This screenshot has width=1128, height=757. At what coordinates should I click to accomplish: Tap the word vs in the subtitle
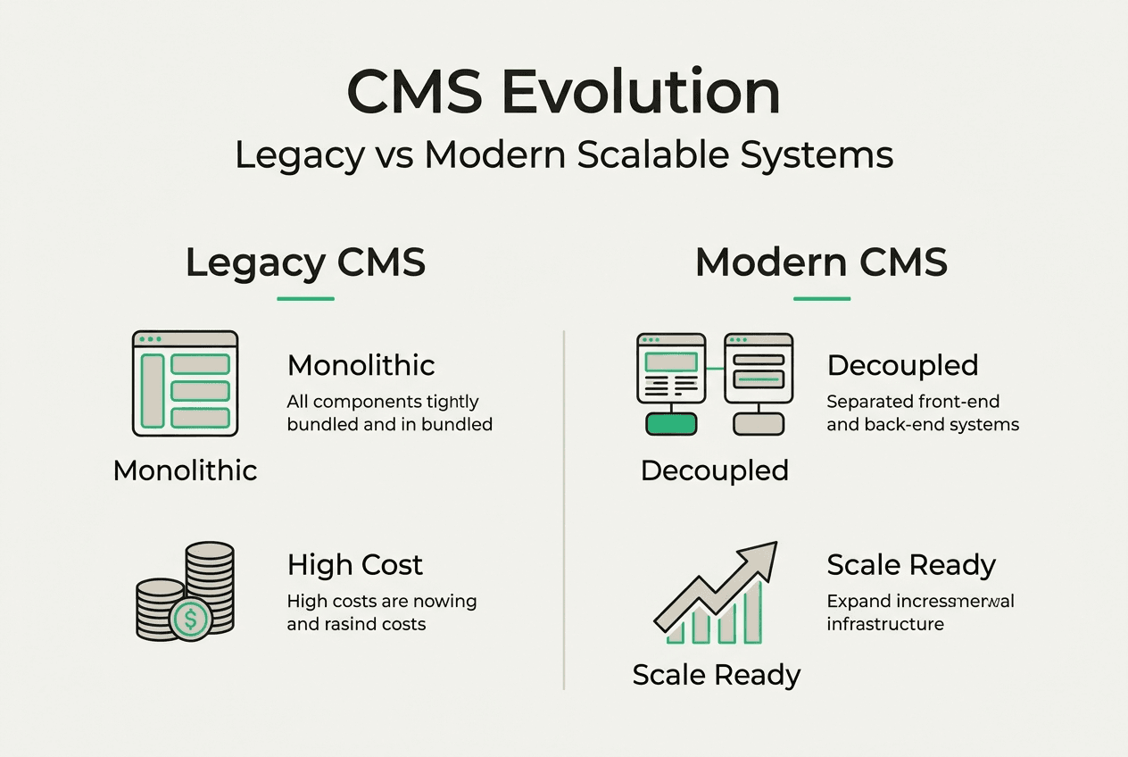click(x=394, y=155)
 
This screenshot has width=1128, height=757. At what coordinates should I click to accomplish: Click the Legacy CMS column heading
click(x=305, y=263)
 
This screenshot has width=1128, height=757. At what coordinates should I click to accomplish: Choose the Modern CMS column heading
click(x=821, y=263)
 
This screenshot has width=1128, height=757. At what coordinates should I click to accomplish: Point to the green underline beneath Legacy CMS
click(x=305, y=299)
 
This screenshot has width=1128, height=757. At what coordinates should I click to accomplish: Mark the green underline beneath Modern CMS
click(x=821, y=299)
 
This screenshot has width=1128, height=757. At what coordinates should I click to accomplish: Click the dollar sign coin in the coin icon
click(x=190, y=618)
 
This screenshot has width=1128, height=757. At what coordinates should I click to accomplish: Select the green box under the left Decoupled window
click(x=670, y=423)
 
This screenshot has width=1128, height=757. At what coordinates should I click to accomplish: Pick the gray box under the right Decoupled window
click(x=758, y=423)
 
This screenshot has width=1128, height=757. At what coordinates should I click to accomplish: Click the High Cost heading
click(x=355, y=565)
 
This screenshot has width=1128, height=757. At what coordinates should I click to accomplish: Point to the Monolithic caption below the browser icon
click(x=185, y=470)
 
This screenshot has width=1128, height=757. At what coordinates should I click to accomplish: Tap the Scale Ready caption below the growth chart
click(x=716, y=675)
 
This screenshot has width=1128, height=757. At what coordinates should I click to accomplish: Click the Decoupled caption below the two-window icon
click(x=715, y=470)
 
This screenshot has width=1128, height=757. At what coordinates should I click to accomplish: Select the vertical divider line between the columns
click(x=564, y=509)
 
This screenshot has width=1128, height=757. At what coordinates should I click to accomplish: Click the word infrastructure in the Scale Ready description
click(x=885, y=624)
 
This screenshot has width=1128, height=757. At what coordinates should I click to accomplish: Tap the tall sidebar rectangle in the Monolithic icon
click(x=152, y=390)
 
